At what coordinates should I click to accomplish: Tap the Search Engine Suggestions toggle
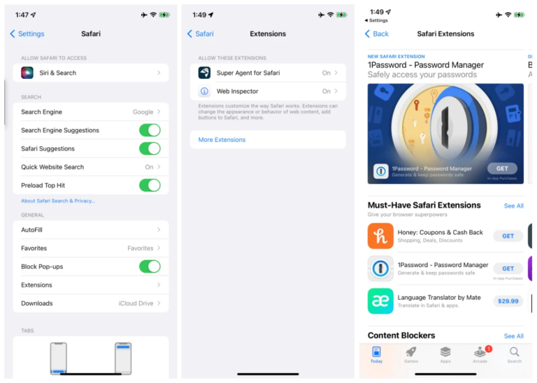(150, 130)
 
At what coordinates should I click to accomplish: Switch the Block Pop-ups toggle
(150, 266)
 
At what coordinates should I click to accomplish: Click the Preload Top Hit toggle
(150, 185)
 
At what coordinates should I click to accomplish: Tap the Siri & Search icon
(27, 73)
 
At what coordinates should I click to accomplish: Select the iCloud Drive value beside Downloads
(136, 303)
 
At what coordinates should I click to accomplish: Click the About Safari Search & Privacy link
(58, 201)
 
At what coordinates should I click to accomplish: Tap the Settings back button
(27, 34)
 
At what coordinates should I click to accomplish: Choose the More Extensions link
(222, 140)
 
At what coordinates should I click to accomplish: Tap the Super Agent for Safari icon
(204, 73)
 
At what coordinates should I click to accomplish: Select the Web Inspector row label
(237, 91)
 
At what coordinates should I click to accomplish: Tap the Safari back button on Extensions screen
(201, 34)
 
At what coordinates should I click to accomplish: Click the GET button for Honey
(508, 236)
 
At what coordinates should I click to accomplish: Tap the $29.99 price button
(508, 301)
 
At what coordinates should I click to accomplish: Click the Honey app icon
(380, 236)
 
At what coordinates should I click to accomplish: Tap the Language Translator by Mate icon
(380, 301)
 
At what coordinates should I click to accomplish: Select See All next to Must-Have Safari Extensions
(513, 206)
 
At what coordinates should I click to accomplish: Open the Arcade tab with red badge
(480, 354)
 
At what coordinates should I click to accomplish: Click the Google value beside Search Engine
(143, 112)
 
